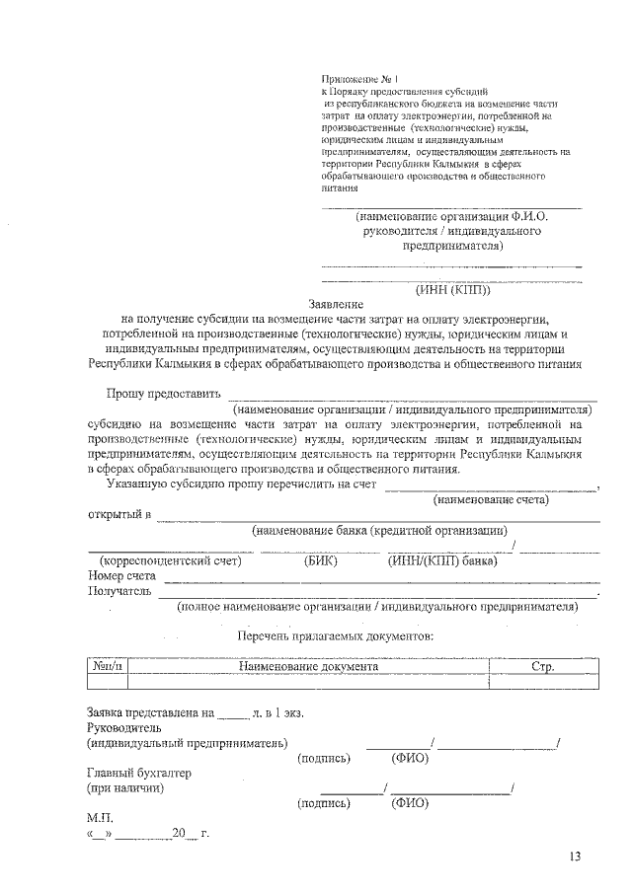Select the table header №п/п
pyautogui.click(x=109, y=666)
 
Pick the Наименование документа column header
pyautogui.click(x=308, y=666)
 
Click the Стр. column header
pyautogui.click(x=543, y=666)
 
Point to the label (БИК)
pyautogui.click(x=321, y=561)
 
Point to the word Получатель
pyautogui.click(x=119, y=591)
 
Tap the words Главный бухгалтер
pyautogui.click(x=138, y=773)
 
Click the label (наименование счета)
pyautogui.click(x=492, y=500)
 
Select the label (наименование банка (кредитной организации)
pyautogui.click(x=379, y=531)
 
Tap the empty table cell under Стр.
pyautogui.click(x=543, y=681)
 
